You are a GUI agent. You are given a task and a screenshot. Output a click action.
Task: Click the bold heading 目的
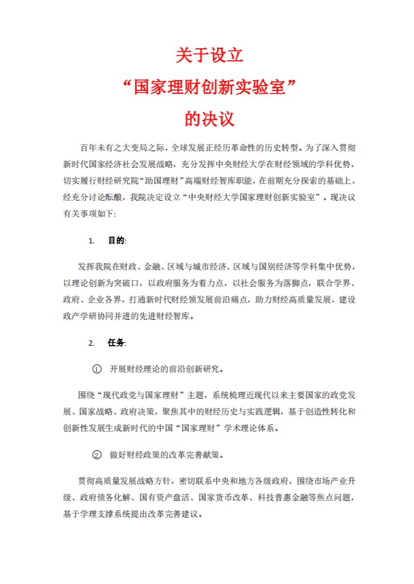(116, 241)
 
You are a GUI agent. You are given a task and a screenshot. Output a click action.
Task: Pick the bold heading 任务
(116, 343)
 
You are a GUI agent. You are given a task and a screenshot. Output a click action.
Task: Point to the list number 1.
(91, 241)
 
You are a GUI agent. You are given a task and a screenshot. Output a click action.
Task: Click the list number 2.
(91, 343)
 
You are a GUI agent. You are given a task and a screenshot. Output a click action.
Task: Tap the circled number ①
(97, 368)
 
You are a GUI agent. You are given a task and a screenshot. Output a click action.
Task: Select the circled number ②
(97, 455)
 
